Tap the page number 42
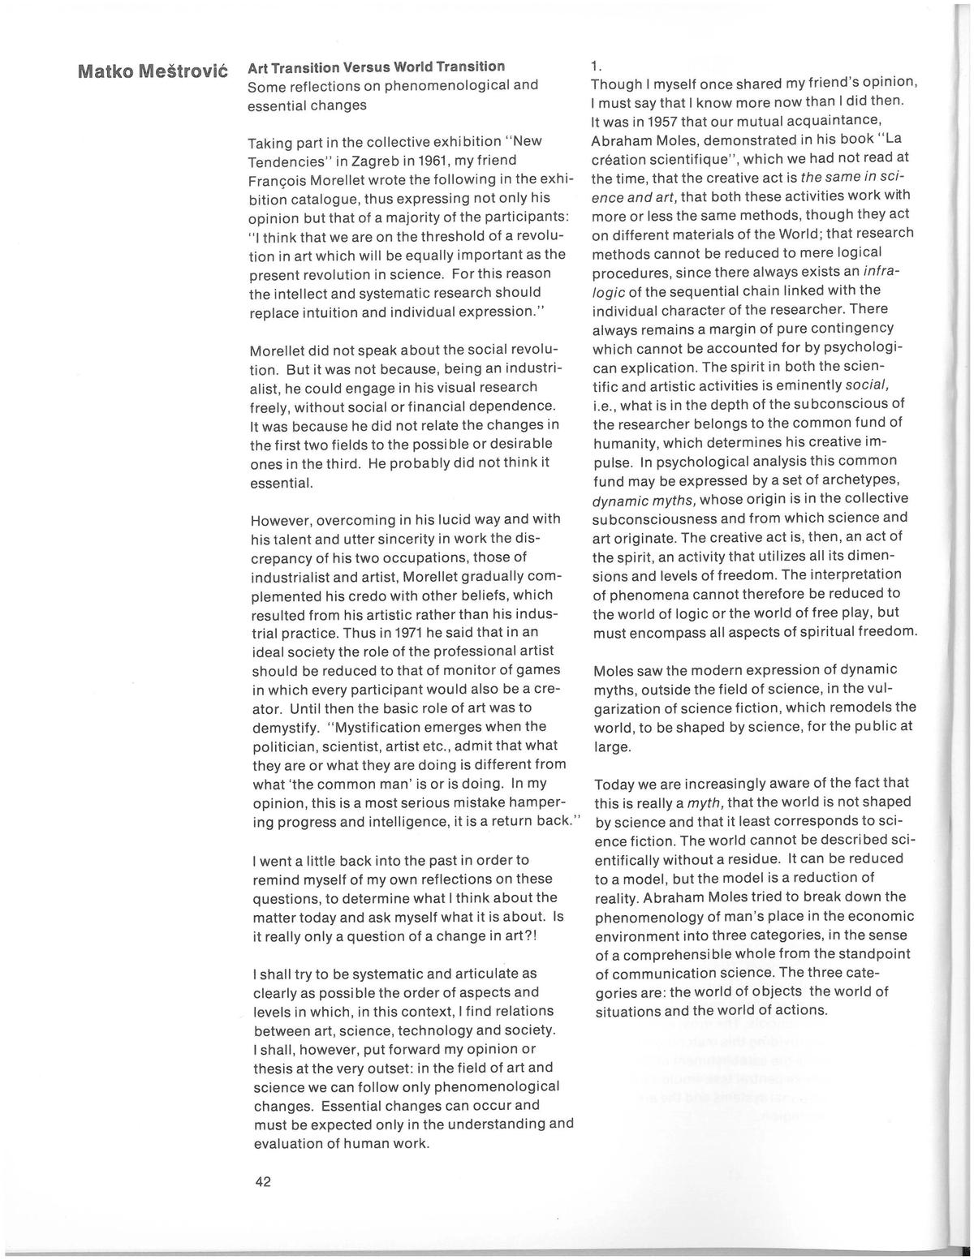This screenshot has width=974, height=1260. coord(262,1181)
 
